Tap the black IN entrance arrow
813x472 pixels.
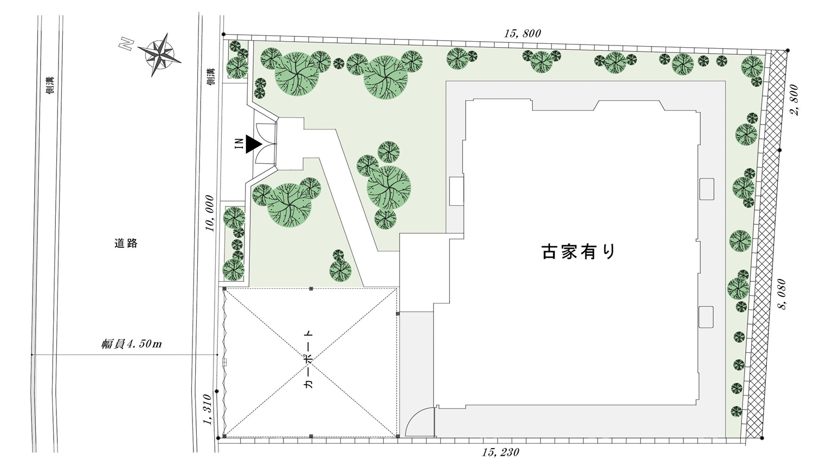point(253,144)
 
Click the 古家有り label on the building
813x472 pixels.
point(579,251)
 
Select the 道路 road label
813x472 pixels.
point(126,243)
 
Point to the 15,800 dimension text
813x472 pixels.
point(522,34)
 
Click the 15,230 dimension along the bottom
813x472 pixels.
point(500,452)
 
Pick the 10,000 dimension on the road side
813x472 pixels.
point(210,213)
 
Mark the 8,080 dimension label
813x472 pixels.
point(782,294)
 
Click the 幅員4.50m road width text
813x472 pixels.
point(131,344)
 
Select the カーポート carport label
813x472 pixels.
point(308,359)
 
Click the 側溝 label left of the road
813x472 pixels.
point(51,86)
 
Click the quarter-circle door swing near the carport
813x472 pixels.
point(420,421)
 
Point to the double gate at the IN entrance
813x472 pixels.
point(266,143)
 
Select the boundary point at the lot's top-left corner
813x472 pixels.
point(223,35)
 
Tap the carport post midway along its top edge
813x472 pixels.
point(311,288)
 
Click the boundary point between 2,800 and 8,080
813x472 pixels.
point(779,150)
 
